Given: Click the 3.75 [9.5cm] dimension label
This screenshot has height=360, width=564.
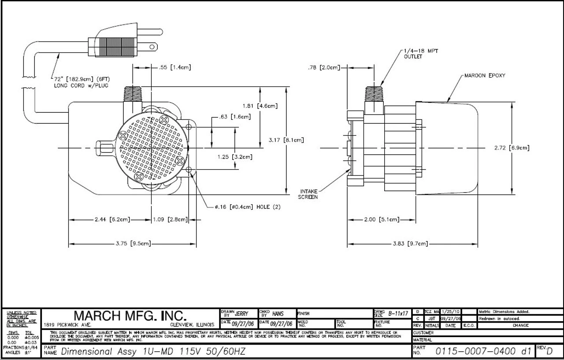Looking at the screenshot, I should pos(133,243).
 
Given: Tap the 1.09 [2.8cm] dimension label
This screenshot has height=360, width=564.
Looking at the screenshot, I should pos(170,219).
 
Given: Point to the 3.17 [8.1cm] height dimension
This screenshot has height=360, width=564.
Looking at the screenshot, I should pos(286,140).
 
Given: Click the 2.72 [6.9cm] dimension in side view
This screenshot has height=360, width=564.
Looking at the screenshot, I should pos(512,148).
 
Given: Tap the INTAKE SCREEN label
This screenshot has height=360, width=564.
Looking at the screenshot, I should pos(308,194).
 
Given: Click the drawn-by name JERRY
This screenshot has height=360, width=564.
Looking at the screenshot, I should pos(241,314).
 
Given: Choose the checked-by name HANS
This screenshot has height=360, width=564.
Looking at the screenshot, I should pos(278,314).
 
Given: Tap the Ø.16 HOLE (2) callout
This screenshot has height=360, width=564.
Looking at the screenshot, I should pos(248,206).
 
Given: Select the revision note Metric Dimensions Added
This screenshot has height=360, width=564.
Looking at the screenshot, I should pos(504,312).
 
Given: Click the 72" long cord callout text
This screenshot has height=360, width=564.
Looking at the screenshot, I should pos(82,82).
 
